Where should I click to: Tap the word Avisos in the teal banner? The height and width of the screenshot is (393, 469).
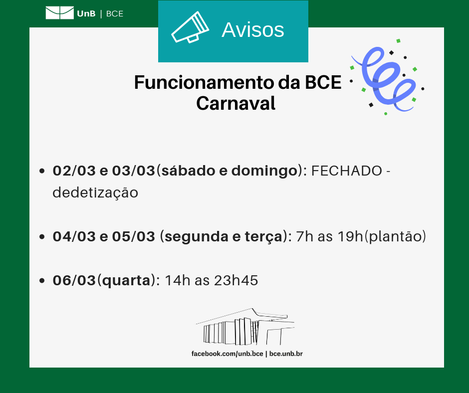(252, 30)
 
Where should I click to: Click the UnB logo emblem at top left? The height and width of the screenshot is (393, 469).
(59, 13)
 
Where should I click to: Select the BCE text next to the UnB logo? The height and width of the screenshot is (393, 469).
(115, 14)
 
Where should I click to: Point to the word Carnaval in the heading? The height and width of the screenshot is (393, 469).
(235, 103)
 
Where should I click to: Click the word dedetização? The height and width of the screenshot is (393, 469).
(95, 193)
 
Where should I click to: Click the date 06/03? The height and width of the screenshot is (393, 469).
(74, 280)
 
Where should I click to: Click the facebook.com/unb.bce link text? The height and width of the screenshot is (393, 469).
(227, 354)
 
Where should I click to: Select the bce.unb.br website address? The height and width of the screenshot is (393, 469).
(286, 354)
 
